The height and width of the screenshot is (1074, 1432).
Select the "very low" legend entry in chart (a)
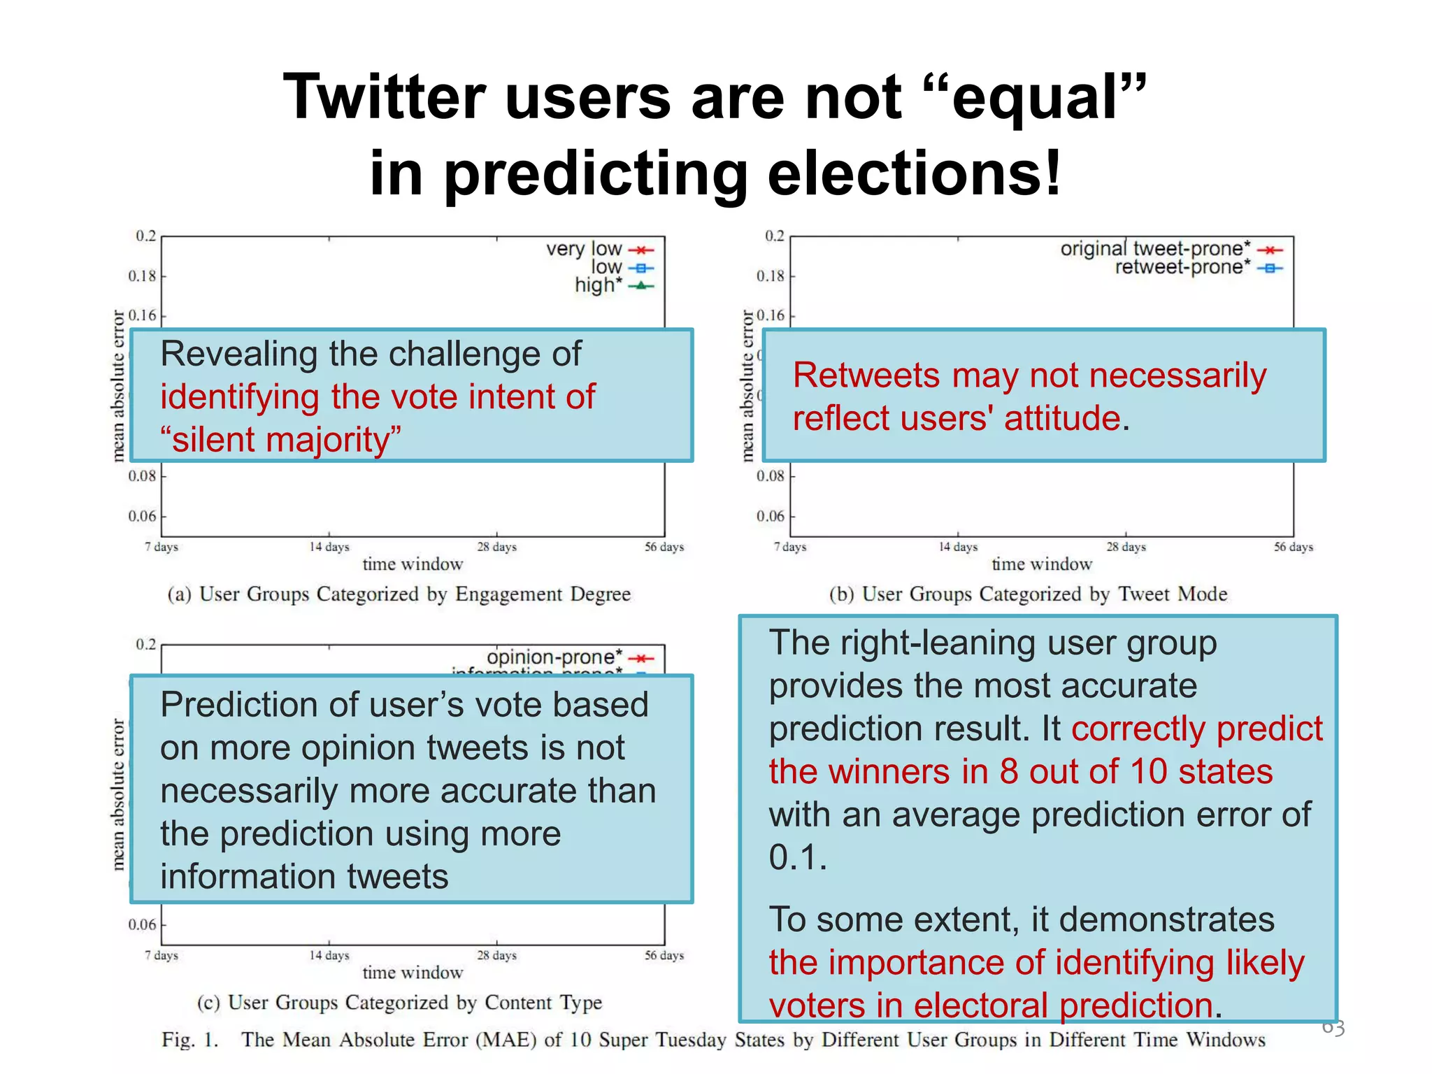584,249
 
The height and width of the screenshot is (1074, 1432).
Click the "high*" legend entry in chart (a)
598,285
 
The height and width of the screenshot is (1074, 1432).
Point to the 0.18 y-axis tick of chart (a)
142,276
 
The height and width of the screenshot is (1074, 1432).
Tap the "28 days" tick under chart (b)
1126,547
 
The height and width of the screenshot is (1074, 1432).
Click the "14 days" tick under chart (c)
329,955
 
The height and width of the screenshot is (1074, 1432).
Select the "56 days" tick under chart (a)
664,547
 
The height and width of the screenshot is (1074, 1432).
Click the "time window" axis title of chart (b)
1042,564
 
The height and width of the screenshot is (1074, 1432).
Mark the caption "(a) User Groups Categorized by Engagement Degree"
399,594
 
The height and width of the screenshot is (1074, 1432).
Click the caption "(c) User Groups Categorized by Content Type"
399,1003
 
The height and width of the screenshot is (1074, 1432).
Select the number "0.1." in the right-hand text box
798,857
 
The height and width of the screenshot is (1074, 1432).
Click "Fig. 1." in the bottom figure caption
190,1040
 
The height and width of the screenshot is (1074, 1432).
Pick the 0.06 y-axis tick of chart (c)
142,925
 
